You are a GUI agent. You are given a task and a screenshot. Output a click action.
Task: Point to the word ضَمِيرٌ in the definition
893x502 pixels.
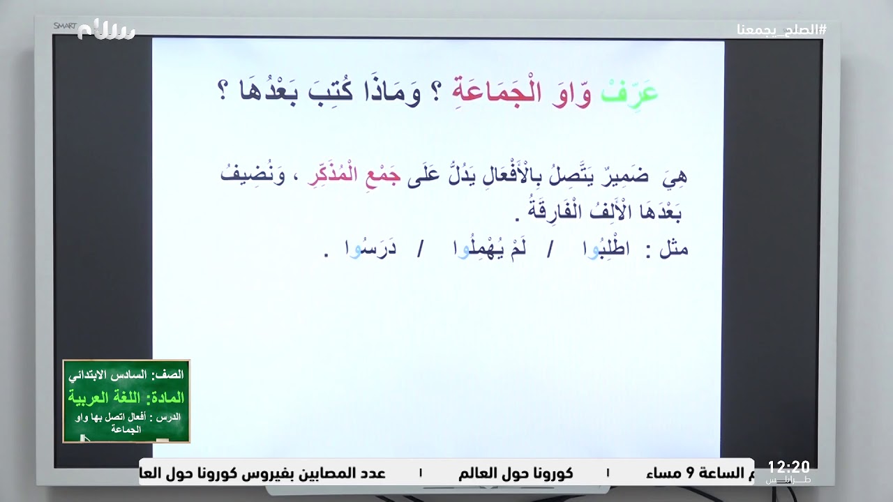pyautogui.click(x=626, y=176)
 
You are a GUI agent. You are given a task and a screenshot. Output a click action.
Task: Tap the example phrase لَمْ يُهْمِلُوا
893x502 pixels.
pyautogui.click(x=486, y=250)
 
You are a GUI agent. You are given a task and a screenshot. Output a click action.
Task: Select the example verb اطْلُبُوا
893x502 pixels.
pyautogui.click(x=595, y=250)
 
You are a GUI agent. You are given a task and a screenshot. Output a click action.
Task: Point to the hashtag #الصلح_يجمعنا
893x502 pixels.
pyautogui.click(x=781, y=30)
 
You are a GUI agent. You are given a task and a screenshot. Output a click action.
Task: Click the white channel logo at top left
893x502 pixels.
pyautogui.click(x=106, y=30)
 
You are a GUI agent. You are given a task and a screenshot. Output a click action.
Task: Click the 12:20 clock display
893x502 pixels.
pyautogui.click(x=788, y=466)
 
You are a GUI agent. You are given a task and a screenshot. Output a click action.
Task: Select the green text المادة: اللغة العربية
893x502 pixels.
pyautogui.click(x=126, y=398)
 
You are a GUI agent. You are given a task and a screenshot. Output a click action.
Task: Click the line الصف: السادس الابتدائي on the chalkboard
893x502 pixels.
pyautogui.click(x=126, y=374)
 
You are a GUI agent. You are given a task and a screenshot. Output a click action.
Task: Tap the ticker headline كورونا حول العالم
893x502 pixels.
pyautogui.click(x=516, y=473)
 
